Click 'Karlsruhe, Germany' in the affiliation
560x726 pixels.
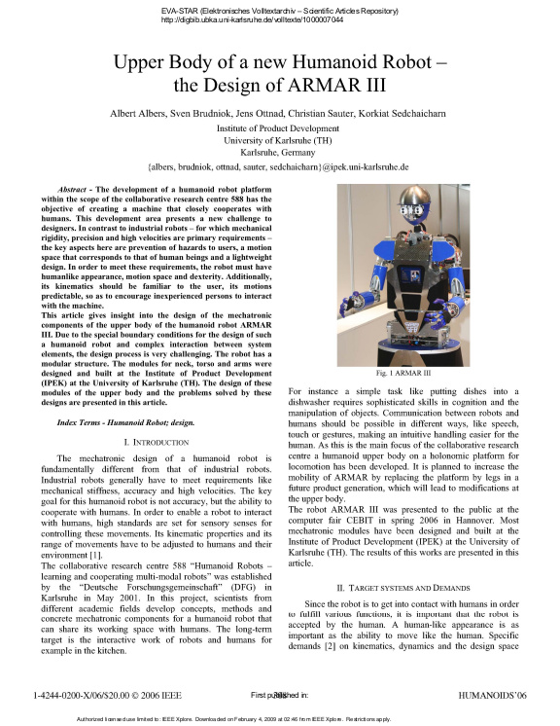click(x=278, y=153)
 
